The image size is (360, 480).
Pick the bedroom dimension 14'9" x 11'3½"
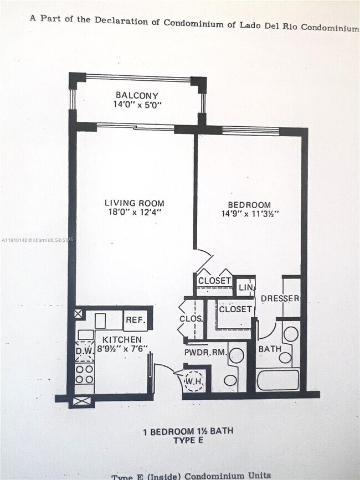tap(250, 214)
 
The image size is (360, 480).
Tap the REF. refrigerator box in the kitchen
tap(135, 320)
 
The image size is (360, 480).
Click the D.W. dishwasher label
tap(84, 350)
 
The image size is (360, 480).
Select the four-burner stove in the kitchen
tap(84, 374)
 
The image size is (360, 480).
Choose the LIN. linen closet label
tap(246, 288)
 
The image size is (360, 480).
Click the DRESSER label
tap(280, 298)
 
